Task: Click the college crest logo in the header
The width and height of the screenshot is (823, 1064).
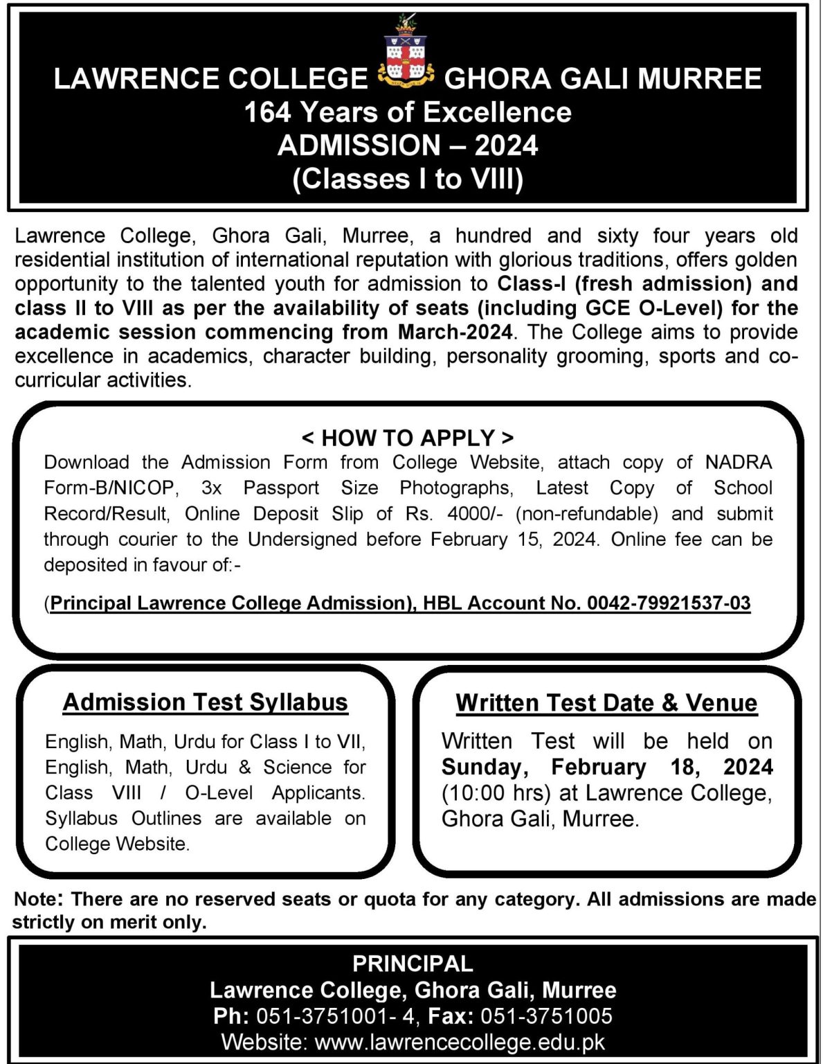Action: point(406,55)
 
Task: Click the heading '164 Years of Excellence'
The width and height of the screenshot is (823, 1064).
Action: point(408,112)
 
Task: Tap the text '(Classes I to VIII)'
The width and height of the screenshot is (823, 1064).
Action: point(408,179)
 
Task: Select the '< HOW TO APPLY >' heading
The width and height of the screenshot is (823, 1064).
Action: point(408,438)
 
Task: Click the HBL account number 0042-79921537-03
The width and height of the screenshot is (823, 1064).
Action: point(669,603)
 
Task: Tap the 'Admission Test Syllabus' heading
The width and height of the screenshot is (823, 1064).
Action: point(205,702)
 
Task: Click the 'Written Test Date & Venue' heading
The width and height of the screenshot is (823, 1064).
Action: point(606,703)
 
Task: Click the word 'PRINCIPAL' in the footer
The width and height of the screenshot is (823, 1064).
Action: point(413,964)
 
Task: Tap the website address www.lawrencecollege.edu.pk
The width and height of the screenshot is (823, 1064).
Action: point(460,1042)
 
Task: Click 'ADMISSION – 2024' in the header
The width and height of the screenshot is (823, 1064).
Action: point(408,145)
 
